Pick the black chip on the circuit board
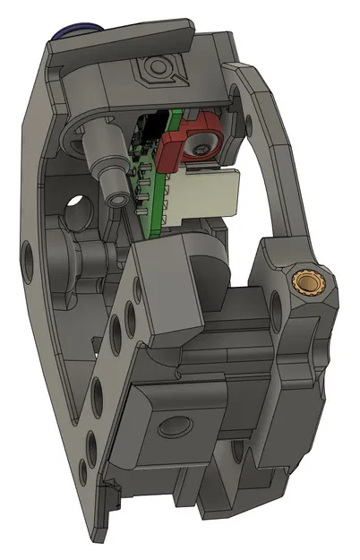[x=156, y=126]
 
